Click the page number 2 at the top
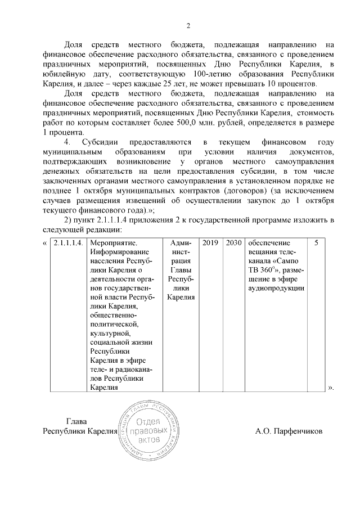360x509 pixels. [188, 25]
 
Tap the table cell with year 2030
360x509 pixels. [233, 243]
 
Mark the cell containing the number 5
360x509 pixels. [316, 243]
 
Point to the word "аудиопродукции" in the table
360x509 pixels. [276, 288]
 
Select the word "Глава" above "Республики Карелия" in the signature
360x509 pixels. [77, 421]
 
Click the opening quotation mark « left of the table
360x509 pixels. [45, 243]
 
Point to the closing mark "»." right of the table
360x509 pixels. [331, 388]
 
